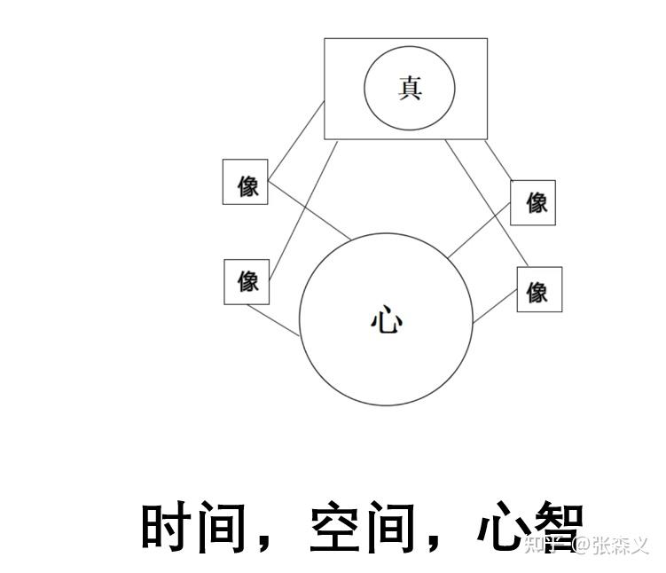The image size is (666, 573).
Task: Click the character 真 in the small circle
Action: pyautogui.click(x=410, y=88)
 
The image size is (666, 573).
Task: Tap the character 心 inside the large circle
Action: pyautogui.click(x=386, y=320)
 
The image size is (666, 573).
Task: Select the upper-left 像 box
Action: pyautogui.click(x=246, y=183)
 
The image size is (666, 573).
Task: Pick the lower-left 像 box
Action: pyautogui.click(x=247, y=281)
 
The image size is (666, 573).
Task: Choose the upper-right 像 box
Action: pyautogui.click(x=533, y=202)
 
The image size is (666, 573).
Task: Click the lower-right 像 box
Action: pyautogui.click(x=539, y=290)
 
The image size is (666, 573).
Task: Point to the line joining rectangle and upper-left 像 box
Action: pyautogui.click(x=296, y=138)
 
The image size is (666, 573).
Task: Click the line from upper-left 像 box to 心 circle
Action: pyautogui.click(x=310, y=210)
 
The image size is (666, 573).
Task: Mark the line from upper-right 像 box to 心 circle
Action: pyautogui.click(x=479, y=229)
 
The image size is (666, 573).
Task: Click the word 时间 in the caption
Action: pyautogui.click(x=192, y=527)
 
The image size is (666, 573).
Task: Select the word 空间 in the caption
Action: pyautogui.click(x=362, y=527)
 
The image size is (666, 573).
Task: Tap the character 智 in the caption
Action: pyautogui.click(x=557, y=527)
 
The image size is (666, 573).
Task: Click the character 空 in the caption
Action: pyautogui.click(x=335, y=527)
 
